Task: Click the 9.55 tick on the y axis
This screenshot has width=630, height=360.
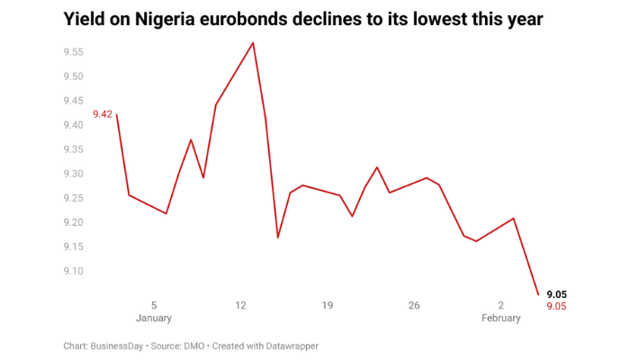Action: [x=73, y=52]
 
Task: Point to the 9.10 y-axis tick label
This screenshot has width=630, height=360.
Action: [x=73, y=271]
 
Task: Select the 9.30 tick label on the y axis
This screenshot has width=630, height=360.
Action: [x=73, y=174]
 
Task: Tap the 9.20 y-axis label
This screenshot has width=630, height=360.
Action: [x=73, y=222]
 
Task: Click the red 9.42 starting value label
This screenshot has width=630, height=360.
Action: [x=103, y=114]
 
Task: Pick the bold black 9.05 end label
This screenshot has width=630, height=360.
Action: [x=556, y=294]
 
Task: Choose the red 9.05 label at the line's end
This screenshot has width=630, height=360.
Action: [x=556, y=307]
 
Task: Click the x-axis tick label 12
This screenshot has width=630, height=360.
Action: [x=240, y=306]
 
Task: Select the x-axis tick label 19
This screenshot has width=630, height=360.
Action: [x=328, y=306]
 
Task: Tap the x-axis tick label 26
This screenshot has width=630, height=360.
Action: [x=414, y=306]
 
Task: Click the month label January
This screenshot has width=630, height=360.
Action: [x=154, y=319]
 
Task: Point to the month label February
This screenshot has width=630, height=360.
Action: [x=501, y=319]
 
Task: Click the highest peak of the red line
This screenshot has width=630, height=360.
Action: [x=253, y=42]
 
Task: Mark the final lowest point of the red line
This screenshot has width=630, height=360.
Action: [x=538, y=294]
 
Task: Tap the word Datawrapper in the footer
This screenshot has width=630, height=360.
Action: [x=289, y=346]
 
